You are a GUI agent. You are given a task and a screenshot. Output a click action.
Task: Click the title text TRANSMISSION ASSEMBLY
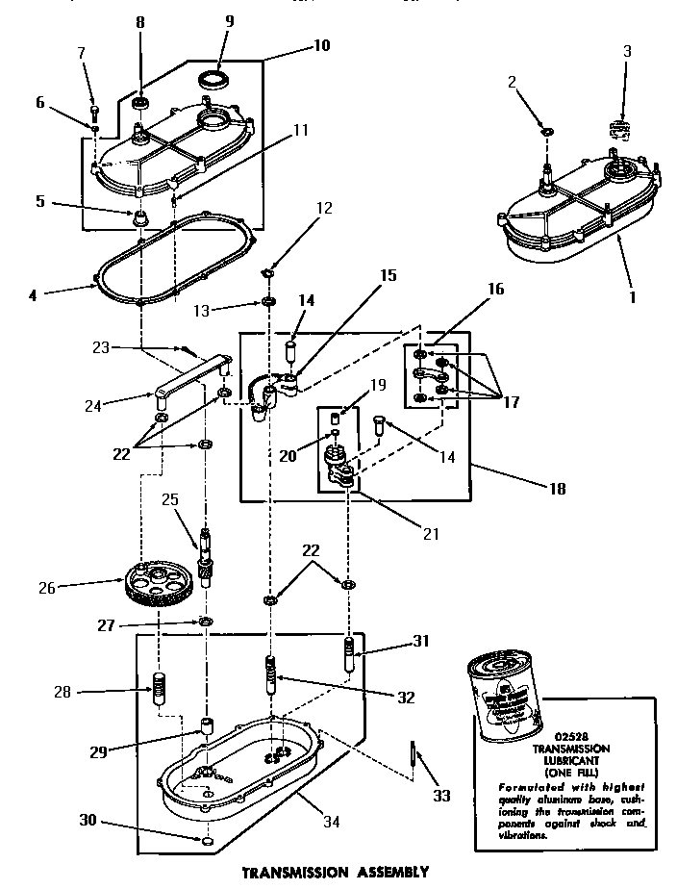point(335,873)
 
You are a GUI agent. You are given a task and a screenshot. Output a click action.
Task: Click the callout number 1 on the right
point(633,297)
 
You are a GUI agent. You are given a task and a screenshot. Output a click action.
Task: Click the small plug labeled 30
point(208,841)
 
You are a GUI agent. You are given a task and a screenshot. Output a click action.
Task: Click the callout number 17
point(511,401)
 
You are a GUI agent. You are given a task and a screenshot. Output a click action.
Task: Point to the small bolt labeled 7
point(94,106)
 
